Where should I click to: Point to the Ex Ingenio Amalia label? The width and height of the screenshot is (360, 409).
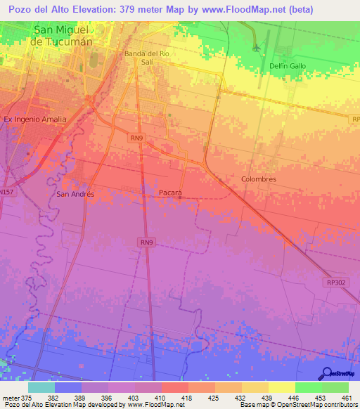click(35, 119)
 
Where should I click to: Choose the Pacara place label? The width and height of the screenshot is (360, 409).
click(170, 193)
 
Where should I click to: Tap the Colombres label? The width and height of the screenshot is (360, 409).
click(259, 179)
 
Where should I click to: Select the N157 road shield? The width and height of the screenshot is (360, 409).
click(7, 191)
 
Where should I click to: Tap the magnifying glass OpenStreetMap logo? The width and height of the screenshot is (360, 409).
click(326, 372)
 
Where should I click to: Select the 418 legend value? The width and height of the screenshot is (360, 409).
click(187, 397)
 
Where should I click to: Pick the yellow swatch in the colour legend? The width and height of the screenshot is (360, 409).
click(281, 387)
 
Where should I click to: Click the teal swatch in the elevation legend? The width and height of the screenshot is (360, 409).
click(41, 387)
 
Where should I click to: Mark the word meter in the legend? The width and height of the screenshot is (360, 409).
click(10, 397)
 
